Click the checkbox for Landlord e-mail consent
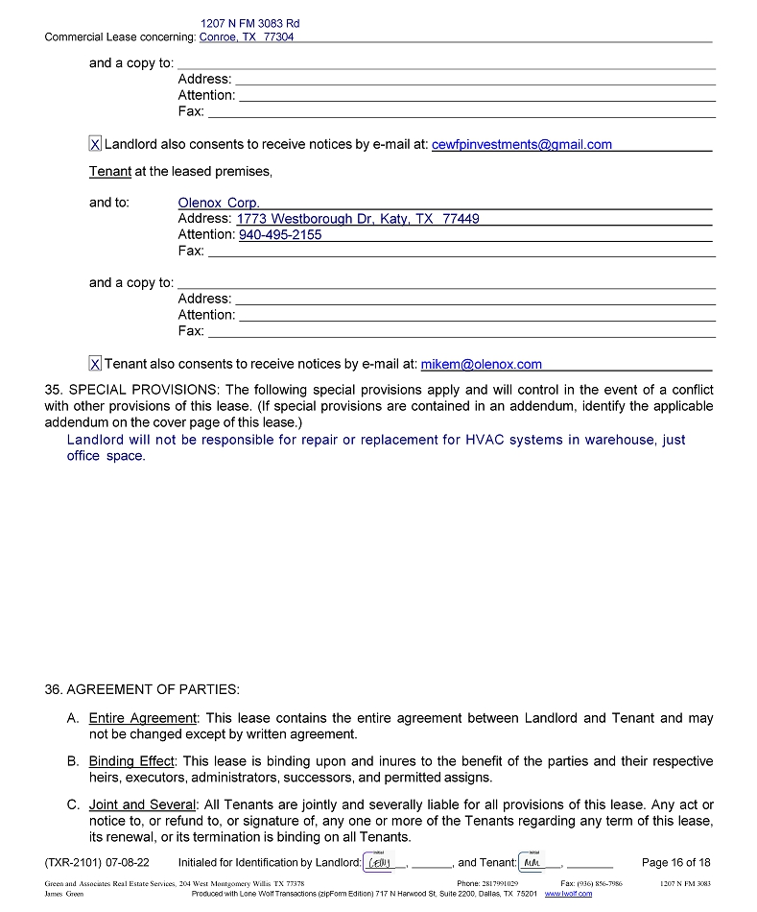pos(95,144)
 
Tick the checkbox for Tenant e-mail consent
pos(95,364)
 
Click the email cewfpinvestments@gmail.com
pos(521,144)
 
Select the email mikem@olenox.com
pos(481,364)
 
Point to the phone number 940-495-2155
pos(280,234)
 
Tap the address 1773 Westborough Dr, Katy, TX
pos(358,219)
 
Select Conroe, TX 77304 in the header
pos(247,37)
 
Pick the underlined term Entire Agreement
pos(142,718)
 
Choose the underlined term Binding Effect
pos(131,761)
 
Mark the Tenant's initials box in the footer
pos(532,862)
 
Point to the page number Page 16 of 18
pos(675,862)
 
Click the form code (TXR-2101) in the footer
pos(78,862)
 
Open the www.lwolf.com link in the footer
pos(568,894)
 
